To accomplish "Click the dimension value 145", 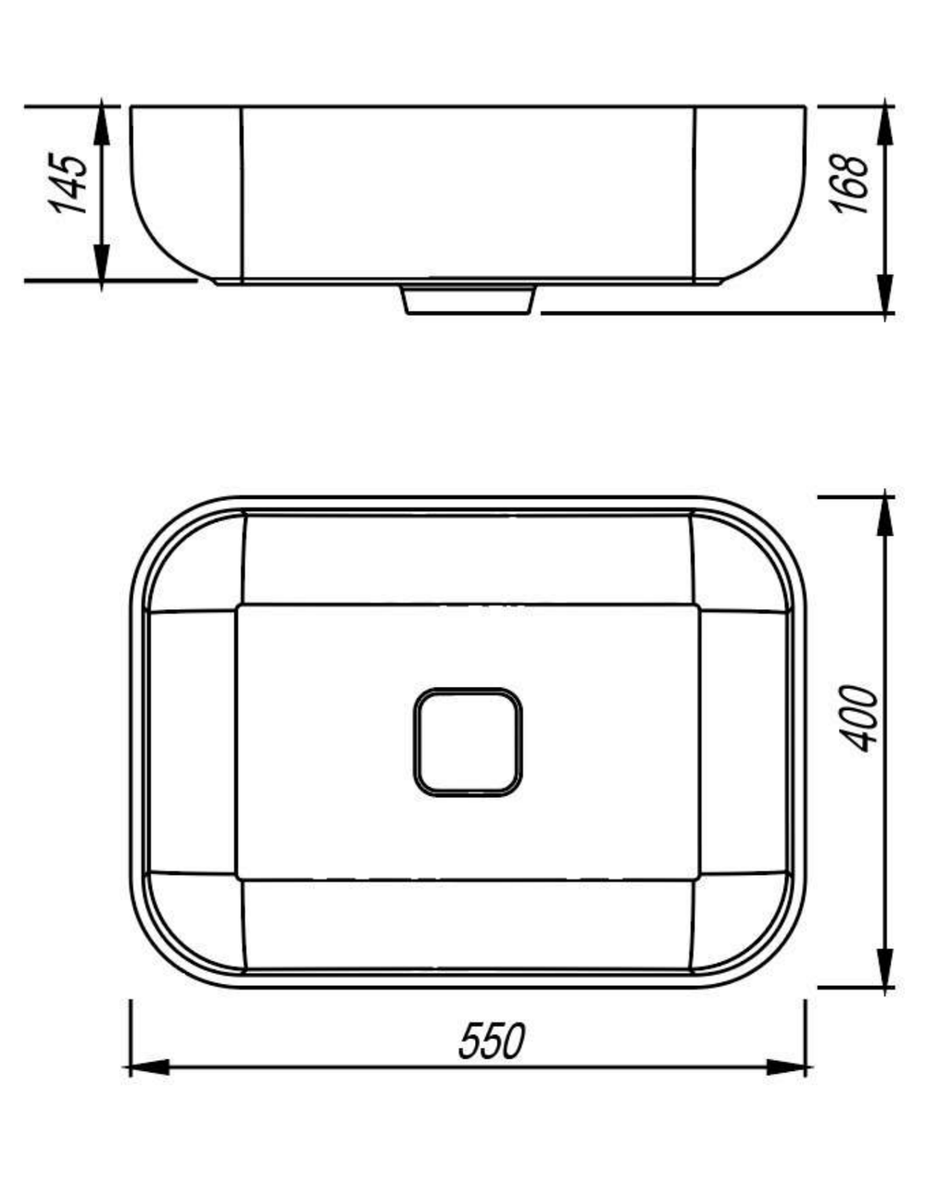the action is (x=69, y=183).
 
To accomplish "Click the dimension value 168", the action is (x=849, y=182).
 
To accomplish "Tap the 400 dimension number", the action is (x=858, y=719).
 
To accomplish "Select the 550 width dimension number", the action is (x=493, y=1041).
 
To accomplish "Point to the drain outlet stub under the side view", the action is (x=469, y=300).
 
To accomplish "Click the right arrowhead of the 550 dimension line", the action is (x=787, y=1067).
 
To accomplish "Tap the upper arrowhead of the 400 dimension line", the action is (x=884, y=516).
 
